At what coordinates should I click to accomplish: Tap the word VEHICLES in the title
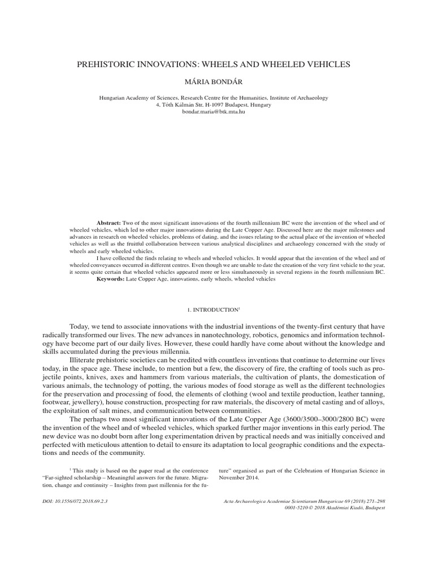[x=328, y=65]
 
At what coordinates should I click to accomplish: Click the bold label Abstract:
[x=109, y=224]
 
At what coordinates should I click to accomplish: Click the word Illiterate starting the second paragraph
[x=84, y=359]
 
